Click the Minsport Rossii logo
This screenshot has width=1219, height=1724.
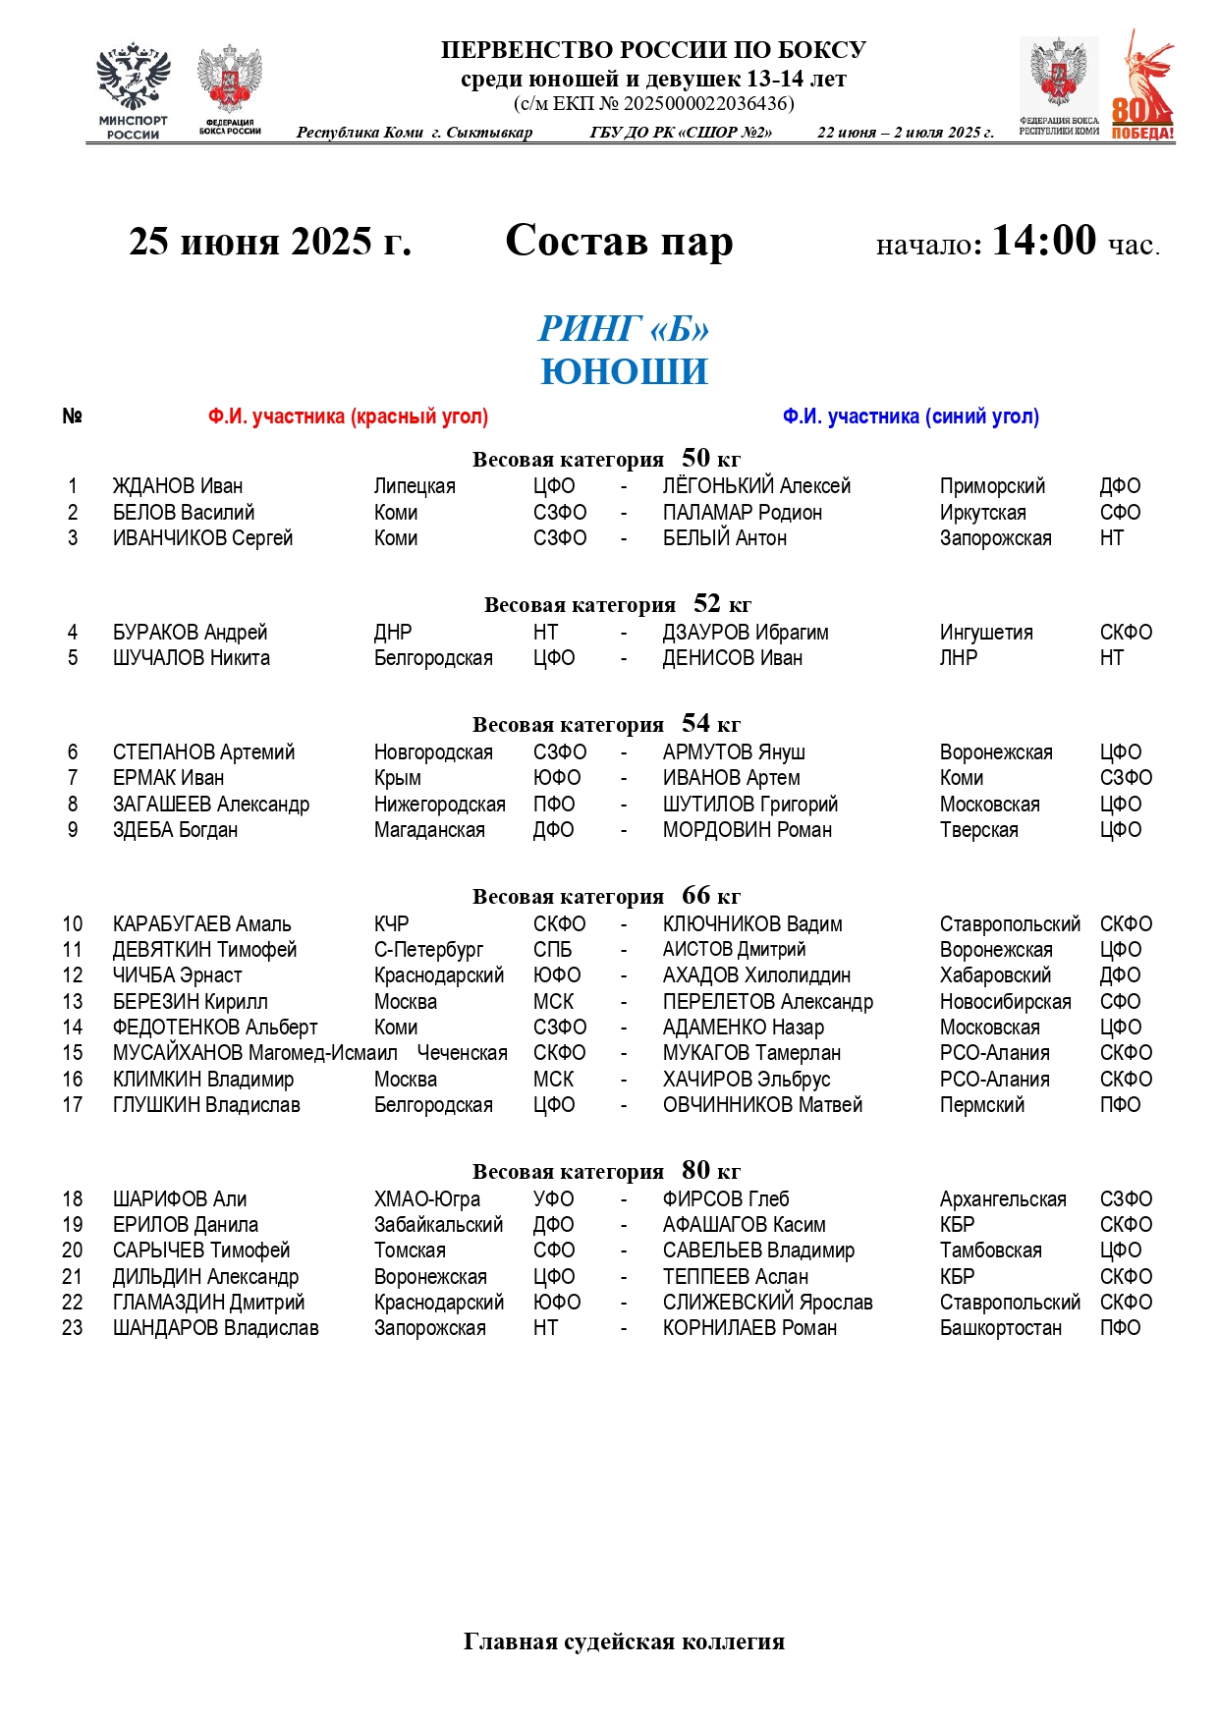133,90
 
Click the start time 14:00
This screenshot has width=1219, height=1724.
1043,241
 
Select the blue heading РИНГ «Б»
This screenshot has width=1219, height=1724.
624,329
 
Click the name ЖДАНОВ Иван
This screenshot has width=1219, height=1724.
177,486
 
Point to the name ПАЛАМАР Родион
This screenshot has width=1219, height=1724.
742,513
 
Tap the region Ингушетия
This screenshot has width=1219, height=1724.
985,633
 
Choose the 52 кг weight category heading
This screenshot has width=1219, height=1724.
617,604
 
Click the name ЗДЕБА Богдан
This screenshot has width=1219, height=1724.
175,830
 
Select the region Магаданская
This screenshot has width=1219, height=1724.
429,830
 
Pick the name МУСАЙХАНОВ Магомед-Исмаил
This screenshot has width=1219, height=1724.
254,1053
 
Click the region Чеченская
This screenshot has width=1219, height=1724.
462,1053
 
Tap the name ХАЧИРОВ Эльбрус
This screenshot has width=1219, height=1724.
746,1080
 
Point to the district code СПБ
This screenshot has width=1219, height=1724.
552,950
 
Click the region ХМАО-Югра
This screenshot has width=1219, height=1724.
426,1199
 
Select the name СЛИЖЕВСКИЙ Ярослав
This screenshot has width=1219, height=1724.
767,1303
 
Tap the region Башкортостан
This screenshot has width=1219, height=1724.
1000,1328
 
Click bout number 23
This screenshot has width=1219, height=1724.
73,1328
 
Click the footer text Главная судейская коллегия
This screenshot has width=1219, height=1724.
624,1641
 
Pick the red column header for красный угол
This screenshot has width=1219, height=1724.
348,417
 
